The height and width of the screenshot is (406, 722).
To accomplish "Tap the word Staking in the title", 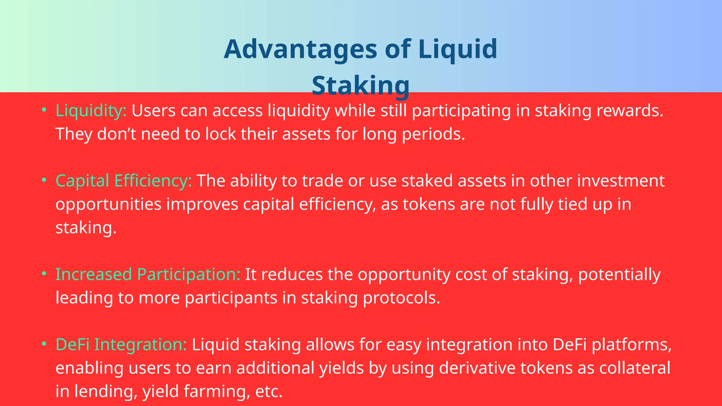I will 361,86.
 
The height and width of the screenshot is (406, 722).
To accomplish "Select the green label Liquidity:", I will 91,111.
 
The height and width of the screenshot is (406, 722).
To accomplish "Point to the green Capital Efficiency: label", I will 123,181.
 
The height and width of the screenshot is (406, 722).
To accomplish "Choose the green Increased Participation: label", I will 148,274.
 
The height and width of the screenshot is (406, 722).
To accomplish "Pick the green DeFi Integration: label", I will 121,344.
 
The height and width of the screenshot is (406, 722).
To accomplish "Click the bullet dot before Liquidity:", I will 44,110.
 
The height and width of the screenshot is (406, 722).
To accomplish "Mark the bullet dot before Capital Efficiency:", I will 44,180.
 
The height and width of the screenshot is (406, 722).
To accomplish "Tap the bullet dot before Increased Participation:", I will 44,273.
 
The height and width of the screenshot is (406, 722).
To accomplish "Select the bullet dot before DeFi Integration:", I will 44,344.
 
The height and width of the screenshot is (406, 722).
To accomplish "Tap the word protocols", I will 402,298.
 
